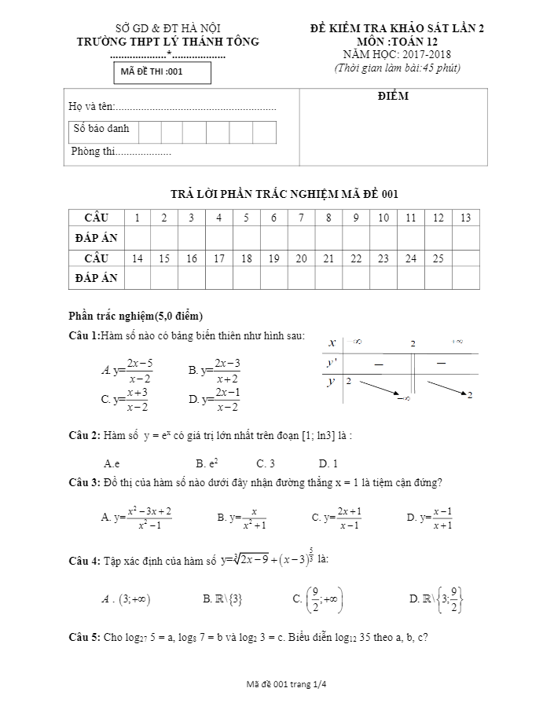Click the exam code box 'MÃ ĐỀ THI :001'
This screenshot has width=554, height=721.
[160, 72]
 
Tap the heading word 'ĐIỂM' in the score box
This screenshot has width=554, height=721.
[392, 97]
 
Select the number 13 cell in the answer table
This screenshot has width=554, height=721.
[466, 218]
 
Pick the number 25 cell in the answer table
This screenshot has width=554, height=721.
[438, 258]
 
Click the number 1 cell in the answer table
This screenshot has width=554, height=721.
[138, 218]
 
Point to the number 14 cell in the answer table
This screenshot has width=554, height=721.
[138, 258]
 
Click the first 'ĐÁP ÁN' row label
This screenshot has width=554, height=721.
[96, 237]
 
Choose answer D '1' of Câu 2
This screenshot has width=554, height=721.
[328, 463]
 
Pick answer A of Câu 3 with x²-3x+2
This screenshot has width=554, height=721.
[137, 518]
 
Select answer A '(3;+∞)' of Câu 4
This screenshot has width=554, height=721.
[127, 599]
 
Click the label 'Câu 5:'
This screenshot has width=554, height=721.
[85, 638]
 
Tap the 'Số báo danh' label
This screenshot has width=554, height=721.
[101, 129]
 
